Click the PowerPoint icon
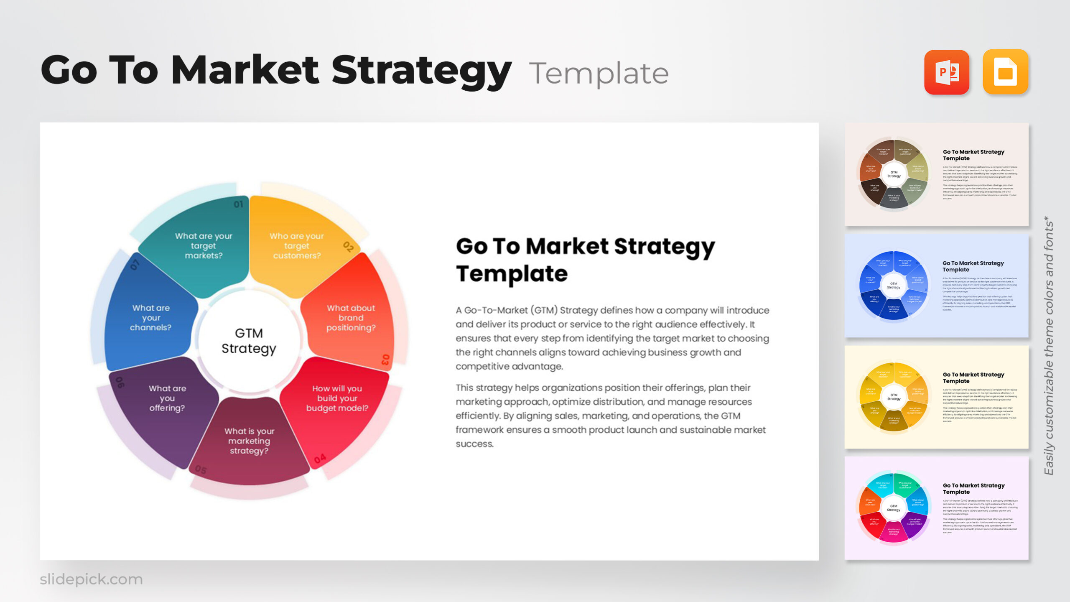(946, 72)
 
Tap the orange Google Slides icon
(1005, 72)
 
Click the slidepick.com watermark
(91, 579)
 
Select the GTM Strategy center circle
(249, 341)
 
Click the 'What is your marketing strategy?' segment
(249, 441)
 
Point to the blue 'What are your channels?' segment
(150, 318)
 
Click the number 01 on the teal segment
(238, 204)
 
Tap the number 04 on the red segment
(320, 459)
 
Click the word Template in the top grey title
(599, 74)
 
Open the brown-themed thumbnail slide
(936, 174)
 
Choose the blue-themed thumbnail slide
(936, 286)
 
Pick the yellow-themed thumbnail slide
(936, 397)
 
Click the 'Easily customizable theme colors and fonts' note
(1048, 345)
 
